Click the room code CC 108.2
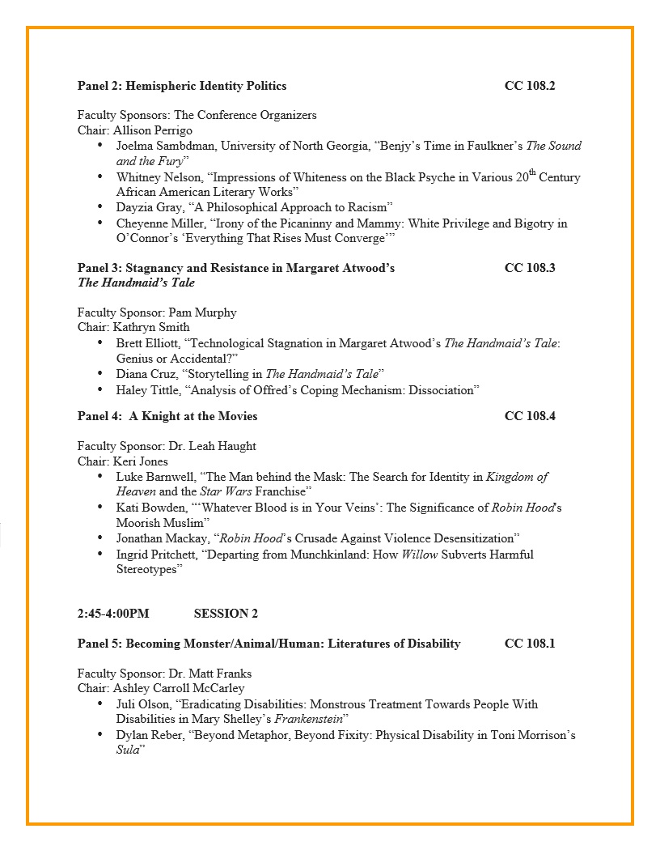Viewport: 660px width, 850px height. click(x=529, y=86)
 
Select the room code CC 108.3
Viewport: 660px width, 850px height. click(x=529, y=268)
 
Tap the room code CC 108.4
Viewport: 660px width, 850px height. click(x=529, y=416)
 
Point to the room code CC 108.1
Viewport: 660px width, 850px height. click(x=529, y=644)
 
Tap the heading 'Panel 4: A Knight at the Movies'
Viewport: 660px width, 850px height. click(x=167, y=416)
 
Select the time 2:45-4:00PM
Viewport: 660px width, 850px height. click(x=113, y=614)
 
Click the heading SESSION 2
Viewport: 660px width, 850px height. click(x=226, y=614)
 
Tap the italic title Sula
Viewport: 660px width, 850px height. click(x=128, y=750)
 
